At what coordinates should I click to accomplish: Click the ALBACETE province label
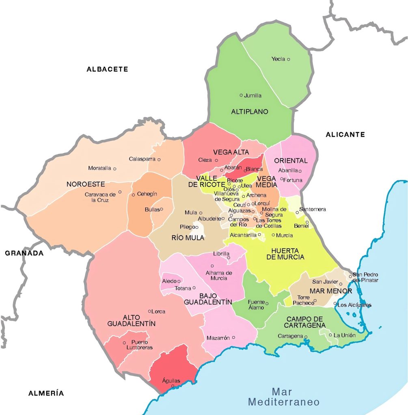(107, 69)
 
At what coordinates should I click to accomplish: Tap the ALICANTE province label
(345, 135)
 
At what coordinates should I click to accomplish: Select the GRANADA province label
(24, 253)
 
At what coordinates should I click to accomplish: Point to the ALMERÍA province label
(46, 393)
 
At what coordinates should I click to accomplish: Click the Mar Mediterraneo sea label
(284, 397)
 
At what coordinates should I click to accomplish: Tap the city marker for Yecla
(289, 59)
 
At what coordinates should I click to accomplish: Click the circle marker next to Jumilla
(241, 95)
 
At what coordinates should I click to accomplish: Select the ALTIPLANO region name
(250, 111)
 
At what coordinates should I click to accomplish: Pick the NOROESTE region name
(86, 184)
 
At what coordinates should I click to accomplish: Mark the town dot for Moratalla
(115, 169)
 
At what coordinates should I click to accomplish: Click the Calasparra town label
(142, 159)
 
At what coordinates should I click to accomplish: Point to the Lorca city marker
(150, 311)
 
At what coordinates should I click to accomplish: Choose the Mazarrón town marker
(233, 337)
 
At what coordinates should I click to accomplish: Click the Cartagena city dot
(306, 336)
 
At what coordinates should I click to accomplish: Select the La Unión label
(344, 335)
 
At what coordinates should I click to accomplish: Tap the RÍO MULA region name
(188, 238)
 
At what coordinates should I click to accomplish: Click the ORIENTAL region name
(291, 160)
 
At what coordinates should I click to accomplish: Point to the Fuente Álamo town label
(256, 304)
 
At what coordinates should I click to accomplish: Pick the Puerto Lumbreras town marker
(125, 343)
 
